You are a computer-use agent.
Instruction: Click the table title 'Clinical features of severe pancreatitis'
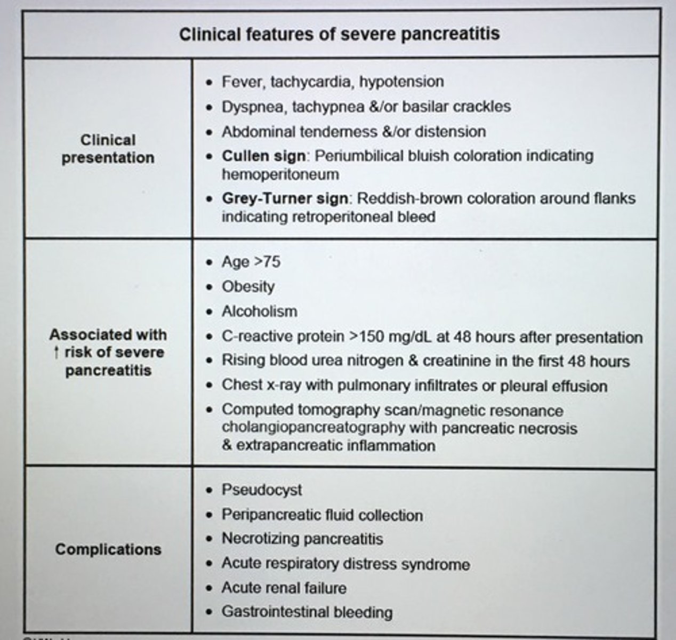coord(339,34)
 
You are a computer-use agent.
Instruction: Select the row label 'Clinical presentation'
coord(108,149)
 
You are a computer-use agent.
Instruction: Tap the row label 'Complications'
coord(108,549)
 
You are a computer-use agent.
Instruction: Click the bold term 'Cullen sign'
coord(264,156)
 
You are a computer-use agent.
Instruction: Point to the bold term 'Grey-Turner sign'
coord(285,199)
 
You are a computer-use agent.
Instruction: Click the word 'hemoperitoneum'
coord(280,174)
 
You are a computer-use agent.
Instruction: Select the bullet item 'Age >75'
coord(251,262)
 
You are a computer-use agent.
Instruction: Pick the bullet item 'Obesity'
coord(248,286)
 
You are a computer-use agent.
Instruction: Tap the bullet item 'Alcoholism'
coord(259,311)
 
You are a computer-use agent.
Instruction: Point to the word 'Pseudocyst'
coord(262,490)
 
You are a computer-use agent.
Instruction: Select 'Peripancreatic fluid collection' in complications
coord(322,515)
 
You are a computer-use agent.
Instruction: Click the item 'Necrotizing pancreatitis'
coord(302,539)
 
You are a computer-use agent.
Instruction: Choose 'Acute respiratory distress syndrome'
coord(345,564)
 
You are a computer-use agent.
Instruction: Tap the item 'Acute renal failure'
coord(284,588)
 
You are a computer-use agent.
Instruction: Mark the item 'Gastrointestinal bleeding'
coord(307,612)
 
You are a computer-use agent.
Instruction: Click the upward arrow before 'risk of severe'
coord(57,353)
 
